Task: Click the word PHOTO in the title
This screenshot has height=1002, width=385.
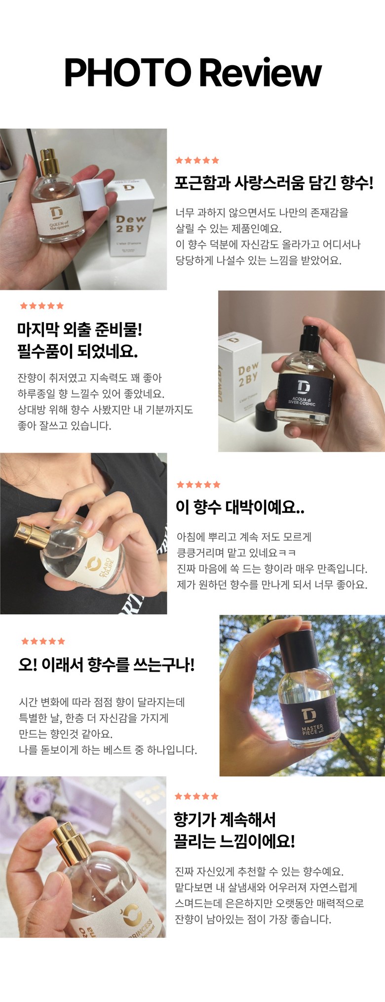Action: (x=128, y=73)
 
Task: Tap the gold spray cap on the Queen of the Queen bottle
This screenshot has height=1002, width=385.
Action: (x=49, y=160)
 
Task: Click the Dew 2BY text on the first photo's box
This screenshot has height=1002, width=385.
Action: (x=130, y=223)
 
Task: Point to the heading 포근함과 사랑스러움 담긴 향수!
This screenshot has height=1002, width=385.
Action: (x=274, y=183)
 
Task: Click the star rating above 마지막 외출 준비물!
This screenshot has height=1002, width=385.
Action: (x=42, y=306)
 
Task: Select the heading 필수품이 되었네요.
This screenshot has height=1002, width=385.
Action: (x=77, y=351)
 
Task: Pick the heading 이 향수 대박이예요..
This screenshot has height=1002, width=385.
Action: (x=240, y=507)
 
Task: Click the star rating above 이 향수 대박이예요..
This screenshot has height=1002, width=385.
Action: (x=198, y=484)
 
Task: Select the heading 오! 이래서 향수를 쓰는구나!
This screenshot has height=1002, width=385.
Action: (x=107, y=665)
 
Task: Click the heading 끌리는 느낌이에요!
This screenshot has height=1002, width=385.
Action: (x=234, y=840)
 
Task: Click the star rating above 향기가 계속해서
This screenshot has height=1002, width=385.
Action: (x=196, y=796)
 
